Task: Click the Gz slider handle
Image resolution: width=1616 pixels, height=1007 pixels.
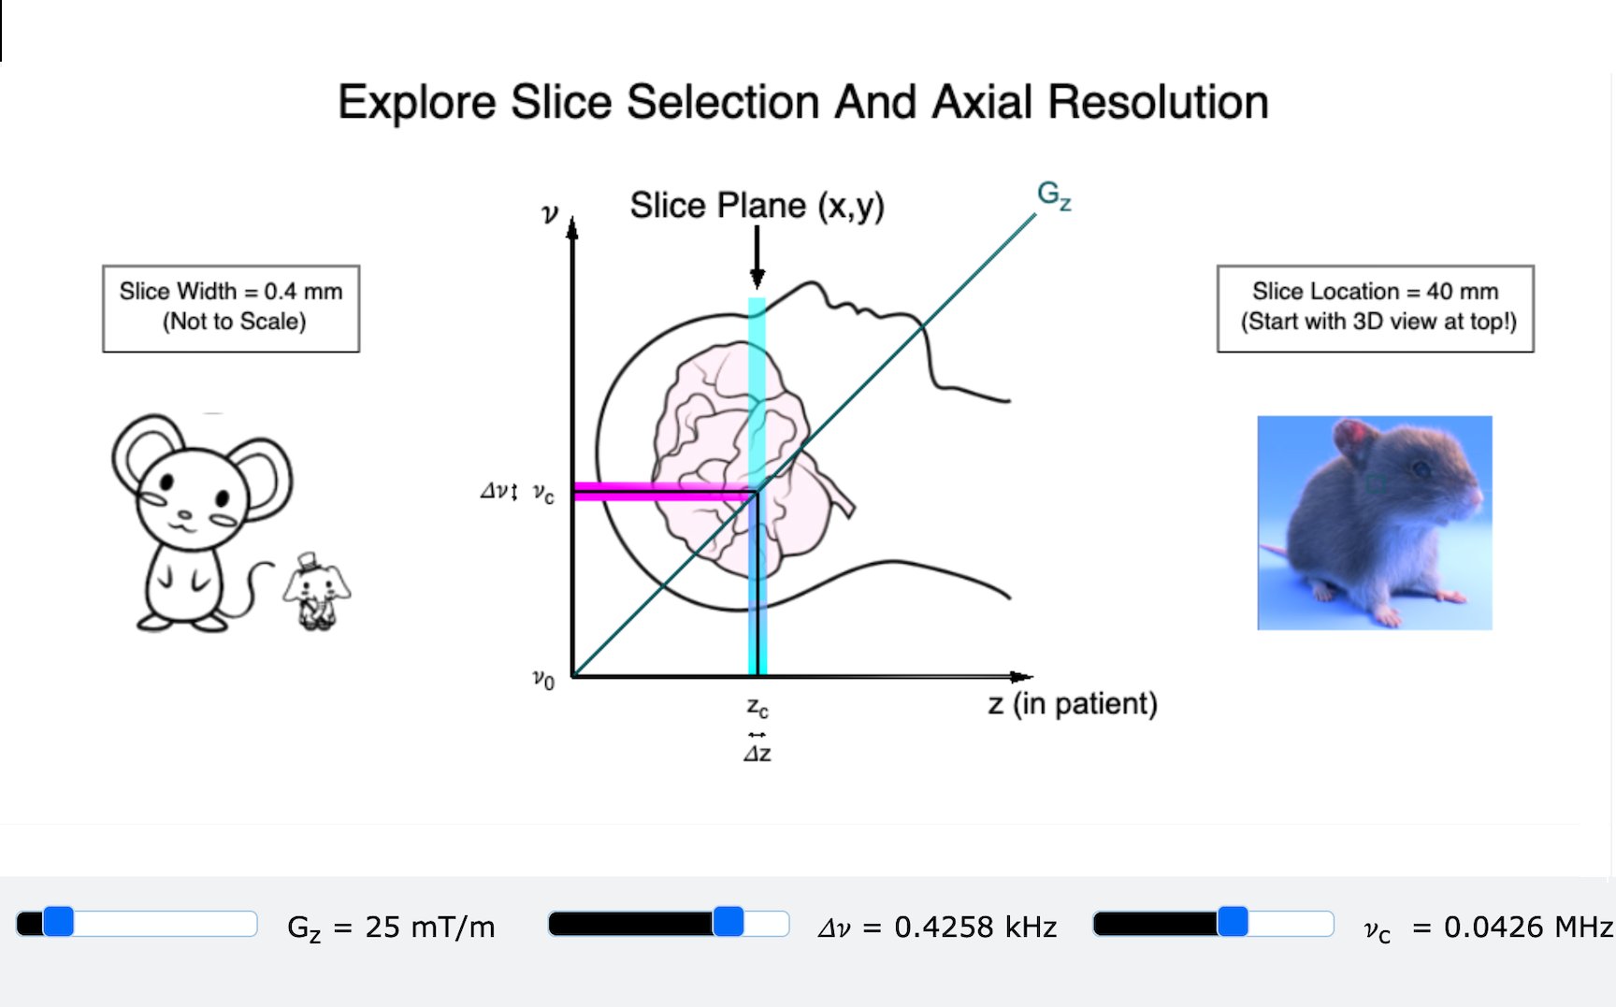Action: point(58,922)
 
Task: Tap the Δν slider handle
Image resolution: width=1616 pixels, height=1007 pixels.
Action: point(729,922)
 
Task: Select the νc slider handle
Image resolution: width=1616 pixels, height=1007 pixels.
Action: point(1233,922)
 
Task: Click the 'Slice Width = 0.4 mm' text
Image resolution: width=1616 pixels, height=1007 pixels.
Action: point(231,292)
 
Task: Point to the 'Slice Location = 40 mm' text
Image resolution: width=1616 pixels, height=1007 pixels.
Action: point(1375,292)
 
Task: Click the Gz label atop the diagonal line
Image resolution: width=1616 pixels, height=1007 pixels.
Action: point(1054,195)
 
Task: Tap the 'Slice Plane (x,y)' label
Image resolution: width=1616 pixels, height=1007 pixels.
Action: point(757,206)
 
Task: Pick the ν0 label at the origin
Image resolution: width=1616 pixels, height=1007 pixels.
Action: point(543,679)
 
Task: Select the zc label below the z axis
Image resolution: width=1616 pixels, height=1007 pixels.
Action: point(757,707)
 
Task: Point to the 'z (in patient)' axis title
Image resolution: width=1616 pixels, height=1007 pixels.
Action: point(1073,704)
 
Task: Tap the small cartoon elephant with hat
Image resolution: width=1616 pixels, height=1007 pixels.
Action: point(317,591)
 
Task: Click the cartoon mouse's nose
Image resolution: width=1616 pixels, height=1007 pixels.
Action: point(184,514)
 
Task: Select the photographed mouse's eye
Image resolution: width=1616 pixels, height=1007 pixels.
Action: point(1421,468)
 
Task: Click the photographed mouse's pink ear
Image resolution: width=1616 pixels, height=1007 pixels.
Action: point(1354,437)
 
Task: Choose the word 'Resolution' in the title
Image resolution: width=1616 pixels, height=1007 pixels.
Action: point(1158,102)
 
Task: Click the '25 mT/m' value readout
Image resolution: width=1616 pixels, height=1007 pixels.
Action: point(429,927)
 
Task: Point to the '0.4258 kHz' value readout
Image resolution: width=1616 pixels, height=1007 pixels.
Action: point(975,927)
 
